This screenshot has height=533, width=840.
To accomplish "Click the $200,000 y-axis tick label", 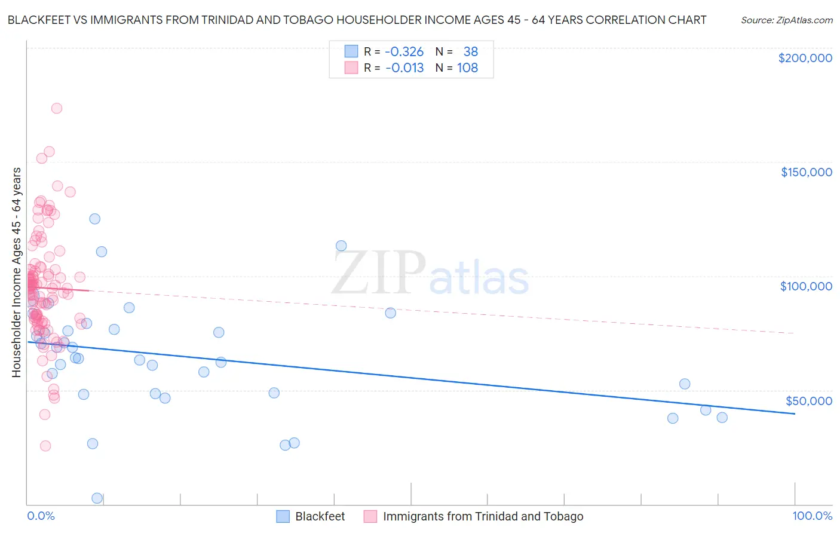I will (805, 58).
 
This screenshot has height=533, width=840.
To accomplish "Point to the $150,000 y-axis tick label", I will (806, 172).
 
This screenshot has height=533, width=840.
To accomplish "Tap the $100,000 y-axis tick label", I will (806, 286).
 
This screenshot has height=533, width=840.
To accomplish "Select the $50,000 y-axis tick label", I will (808, 400).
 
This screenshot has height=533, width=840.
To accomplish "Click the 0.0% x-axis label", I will (41, 516).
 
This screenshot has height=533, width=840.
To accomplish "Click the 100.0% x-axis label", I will (812, 516).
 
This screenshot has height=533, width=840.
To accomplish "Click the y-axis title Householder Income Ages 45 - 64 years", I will (16, 272).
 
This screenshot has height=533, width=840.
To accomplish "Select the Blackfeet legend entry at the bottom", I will (320, 516).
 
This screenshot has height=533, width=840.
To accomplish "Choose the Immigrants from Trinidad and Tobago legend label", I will (483, 516).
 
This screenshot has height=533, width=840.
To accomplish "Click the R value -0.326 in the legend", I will (404, 51).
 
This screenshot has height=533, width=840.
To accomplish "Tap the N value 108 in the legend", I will (467, 68).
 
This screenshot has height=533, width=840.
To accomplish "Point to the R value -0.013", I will (404, 68).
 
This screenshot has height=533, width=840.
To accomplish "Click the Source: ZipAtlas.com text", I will (786, 20).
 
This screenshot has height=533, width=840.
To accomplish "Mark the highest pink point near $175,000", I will (57, 108).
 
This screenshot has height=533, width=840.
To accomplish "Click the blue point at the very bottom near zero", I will (97, 498).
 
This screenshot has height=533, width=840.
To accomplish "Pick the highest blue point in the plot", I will (94, 219).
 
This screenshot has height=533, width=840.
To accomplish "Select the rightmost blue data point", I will (722, 418).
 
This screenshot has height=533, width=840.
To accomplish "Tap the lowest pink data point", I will (45, 446).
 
